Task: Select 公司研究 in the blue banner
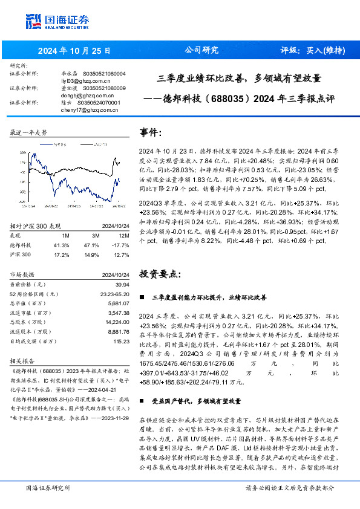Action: tap(201, 50)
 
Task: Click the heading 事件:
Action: tap(150, 132)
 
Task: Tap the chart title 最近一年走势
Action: tap(29, 132)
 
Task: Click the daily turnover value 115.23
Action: tap(122, 342)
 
